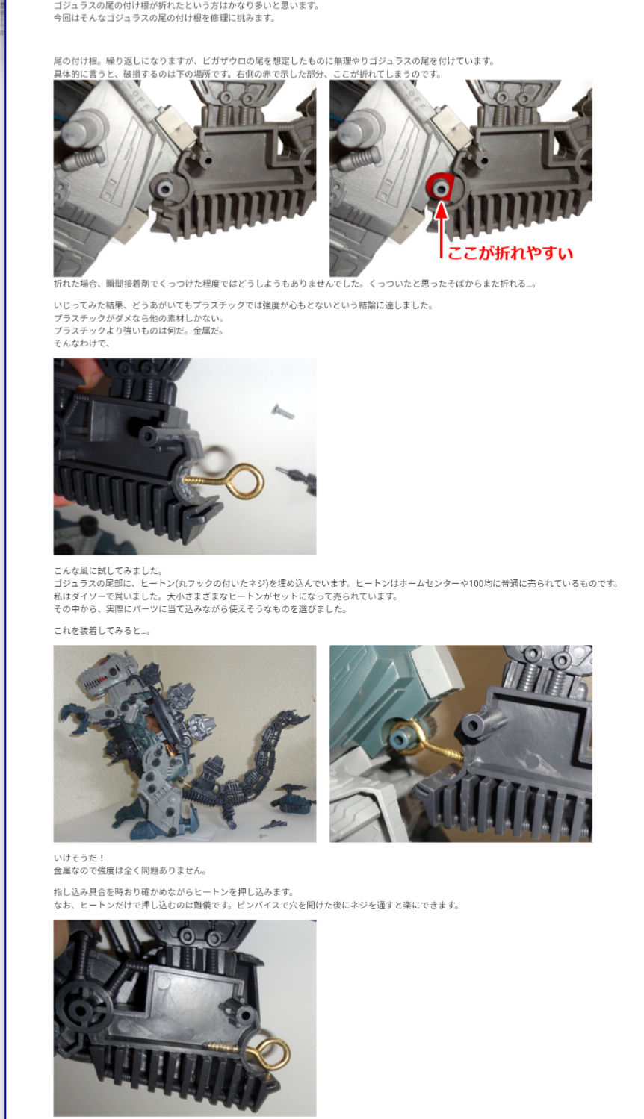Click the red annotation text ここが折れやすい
510,253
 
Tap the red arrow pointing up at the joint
441,229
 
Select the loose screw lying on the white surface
282,412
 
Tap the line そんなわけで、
81,343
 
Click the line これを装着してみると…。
102,631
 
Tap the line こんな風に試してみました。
108,570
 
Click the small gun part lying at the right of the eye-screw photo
296,476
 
